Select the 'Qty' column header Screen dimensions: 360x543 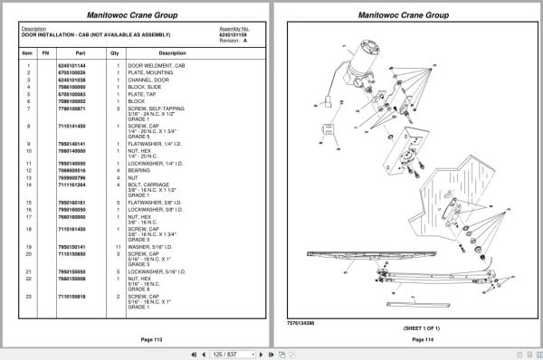(115, 53)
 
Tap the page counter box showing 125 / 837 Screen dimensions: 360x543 (226, 353)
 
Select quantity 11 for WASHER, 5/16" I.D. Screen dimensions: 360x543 (115, 246)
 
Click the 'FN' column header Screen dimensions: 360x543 (44, 53)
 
